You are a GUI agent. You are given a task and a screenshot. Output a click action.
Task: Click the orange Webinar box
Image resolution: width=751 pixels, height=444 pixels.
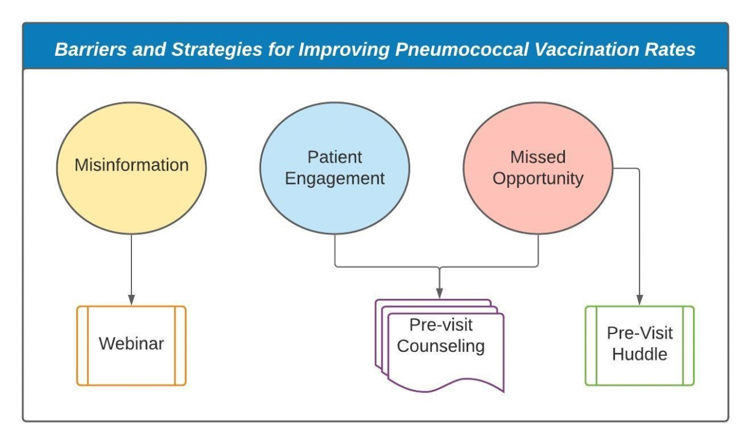[x=131, y=345]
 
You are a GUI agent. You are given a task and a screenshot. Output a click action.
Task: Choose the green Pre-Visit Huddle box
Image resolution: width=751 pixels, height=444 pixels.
[x=640, y=345]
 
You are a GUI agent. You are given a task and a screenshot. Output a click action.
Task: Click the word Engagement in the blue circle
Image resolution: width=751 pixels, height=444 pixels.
[x=334, y=179]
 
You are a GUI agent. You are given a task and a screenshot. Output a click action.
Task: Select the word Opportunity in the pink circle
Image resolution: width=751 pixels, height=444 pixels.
[x=538, y=179]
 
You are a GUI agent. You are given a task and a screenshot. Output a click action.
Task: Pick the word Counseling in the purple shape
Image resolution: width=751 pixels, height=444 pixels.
[x=441, y=346]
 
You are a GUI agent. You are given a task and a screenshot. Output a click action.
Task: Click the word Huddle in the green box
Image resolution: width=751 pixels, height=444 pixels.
[x=640, y=355]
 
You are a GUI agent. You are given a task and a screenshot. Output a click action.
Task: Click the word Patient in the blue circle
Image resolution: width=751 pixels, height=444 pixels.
[x=334, y=157]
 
